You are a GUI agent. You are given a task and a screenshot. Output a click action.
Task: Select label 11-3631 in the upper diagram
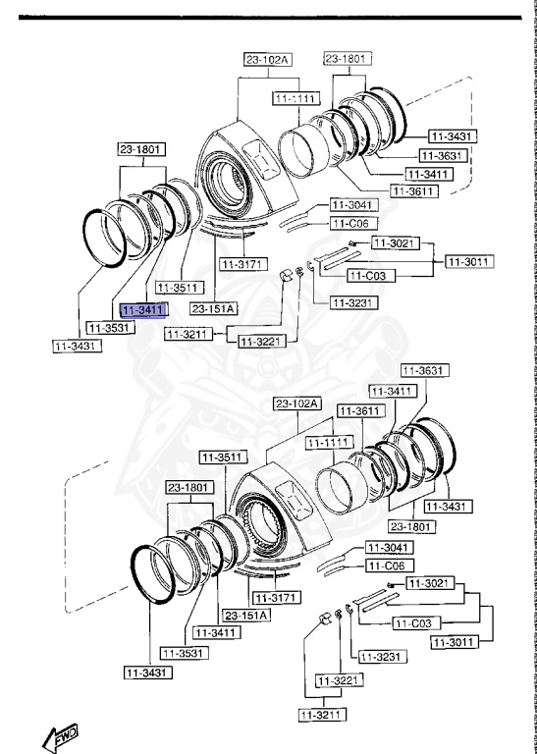(x=442, y=155)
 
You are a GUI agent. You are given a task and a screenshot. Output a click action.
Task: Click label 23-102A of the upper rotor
(x=268, y=60)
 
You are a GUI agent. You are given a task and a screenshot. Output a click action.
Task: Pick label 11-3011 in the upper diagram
(x=469, y=261)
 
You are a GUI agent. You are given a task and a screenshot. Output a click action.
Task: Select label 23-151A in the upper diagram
(x=213, y=308)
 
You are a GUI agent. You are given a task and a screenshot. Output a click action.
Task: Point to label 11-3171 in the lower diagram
(x=276, y=597)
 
